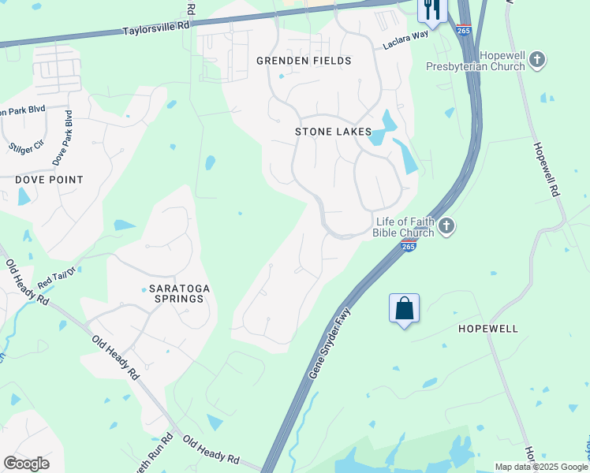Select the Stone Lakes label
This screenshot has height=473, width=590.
coord(333,132)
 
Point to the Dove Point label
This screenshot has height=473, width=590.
coord(49,180)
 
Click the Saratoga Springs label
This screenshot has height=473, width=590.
coord(180,295)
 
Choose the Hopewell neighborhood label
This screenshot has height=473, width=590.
coord(488,328)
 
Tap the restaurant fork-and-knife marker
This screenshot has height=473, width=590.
coord(431,9)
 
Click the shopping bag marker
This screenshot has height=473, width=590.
coord(404,308)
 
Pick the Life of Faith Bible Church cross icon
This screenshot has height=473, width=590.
coord(446,227)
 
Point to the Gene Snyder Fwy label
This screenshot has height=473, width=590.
coord(330,343)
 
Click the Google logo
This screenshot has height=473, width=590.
coord(26,463)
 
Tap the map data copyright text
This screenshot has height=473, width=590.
coord(541,467)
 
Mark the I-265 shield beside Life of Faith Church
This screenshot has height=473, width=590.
coord(408,246)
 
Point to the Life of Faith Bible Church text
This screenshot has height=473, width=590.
coord(405,227)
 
